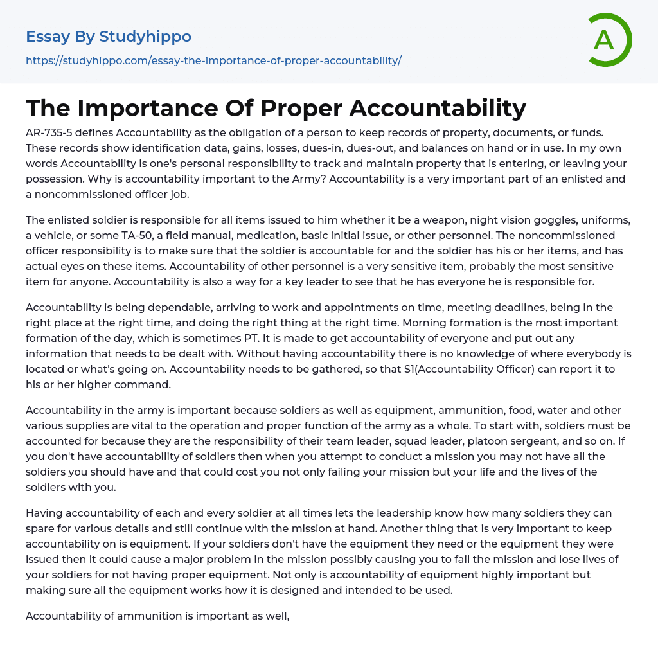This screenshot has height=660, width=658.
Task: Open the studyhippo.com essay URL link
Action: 213,60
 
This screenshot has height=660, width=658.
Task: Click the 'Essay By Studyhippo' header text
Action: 109,37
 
